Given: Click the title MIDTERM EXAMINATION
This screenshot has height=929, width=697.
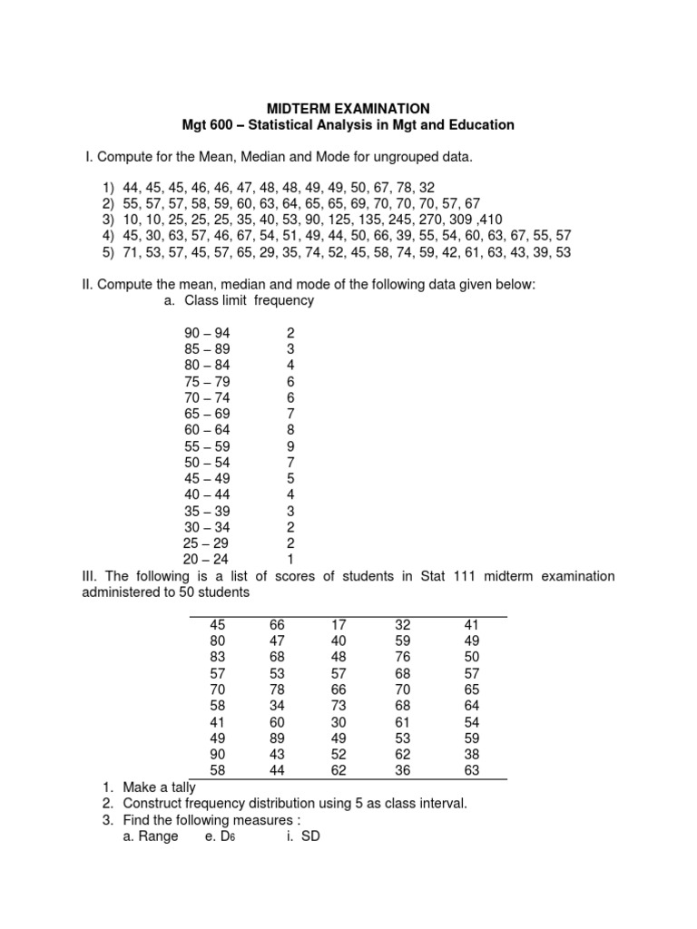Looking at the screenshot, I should tap(348, 108).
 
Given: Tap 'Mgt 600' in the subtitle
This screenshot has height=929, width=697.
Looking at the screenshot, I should tap(208, 125).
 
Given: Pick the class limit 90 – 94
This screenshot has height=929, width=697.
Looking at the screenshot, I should tap(207, 333).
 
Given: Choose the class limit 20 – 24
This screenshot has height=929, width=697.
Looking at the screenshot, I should tap(207, 558).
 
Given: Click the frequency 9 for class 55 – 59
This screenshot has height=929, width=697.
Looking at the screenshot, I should tap(290, 445).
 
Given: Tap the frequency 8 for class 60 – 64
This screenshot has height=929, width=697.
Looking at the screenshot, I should tap(290, 429).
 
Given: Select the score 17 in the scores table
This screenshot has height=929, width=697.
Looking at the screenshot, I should tap(339, 624).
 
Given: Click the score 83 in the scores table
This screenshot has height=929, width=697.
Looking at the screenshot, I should tap(217, 657).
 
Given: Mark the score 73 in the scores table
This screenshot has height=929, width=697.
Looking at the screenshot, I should tap(339, 706).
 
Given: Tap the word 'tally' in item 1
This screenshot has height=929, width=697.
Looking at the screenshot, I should tap(178, 787).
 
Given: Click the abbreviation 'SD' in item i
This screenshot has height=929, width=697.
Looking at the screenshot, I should tap(310, 836).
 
